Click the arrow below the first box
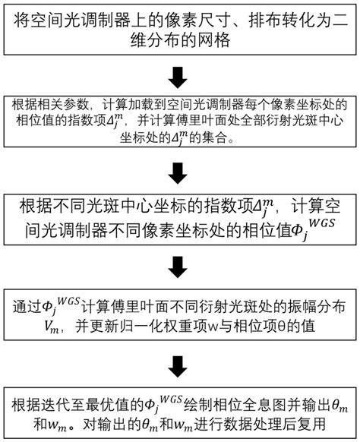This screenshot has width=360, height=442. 180,76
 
